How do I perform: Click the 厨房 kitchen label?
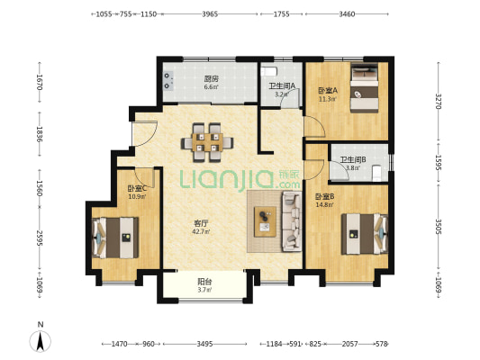point(212,79)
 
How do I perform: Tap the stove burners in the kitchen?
point(168,81)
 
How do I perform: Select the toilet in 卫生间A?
point(268,72)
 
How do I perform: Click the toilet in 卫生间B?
point(376,173)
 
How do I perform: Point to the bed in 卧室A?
point(365,88)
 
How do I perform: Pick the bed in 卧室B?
point(365,234)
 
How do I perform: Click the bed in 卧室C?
point(115,238)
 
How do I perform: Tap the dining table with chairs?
point(207,142)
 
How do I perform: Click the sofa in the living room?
point(292,221)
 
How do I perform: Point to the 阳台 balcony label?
point(204,282)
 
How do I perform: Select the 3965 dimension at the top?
point(210,14)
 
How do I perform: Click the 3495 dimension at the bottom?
point(204,344)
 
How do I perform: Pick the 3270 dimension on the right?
point(439,101)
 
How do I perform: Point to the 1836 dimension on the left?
point(40,134)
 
